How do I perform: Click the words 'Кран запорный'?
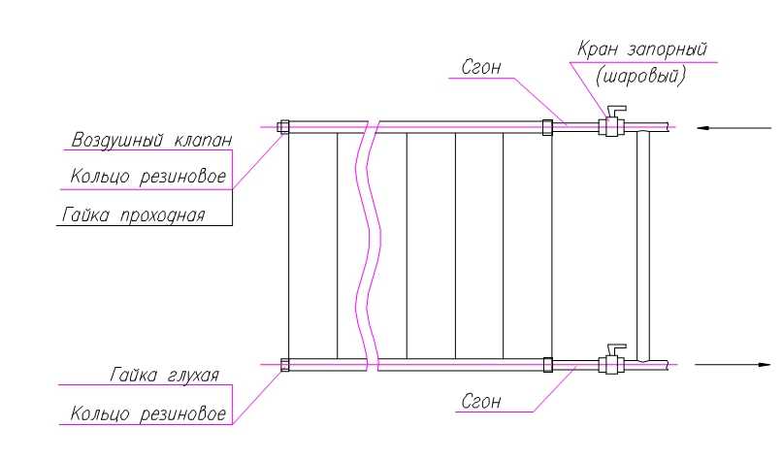[x=641, y=49]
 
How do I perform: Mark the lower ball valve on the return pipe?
[x=612, y=364]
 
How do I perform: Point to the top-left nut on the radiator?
[x=283, y=126]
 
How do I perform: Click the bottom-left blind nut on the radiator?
[x=283, y=365]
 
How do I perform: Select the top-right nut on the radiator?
[x=547, y=126]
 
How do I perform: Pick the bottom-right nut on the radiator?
[x=547, y=365]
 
